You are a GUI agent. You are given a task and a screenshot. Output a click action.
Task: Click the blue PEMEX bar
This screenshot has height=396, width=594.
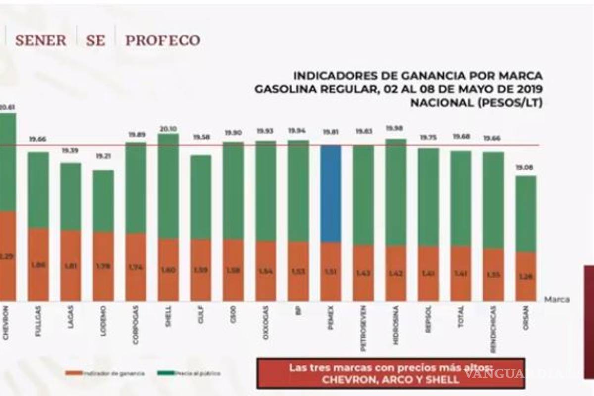(x=331, y=194)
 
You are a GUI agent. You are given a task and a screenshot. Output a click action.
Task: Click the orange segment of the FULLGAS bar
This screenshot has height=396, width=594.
(x=38, y=265)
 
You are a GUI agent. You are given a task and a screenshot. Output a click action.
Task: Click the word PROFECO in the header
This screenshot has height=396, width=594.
(x=162, y=41)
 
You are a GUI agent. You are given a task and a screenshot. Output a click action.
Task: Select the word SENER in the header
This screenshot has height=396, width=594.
(x=41, y=41)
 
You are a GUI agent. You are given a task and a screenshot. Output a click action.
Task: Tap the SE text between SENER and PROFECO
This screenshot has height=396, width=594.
(x=95, y=41)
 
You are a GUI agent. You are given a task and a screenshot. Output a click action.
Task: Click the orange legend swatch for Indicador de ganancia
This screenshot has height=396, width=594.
(x=73, y=373)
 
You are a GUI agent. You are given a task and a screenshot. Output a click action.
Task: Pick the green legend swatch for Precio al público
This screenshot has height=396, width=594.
(x=165, y=373)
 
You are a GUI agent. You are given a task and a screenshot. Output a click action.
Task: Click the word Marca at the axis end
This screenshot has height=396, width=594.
(x=557, y=299)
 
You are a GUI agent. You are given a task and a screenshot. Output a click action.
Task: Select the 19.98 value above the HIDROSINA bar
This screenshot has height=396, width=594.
(x=396, y=129)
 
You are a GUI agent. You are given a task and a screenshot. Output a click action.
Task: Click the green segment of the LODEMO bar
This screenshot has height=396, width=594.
(x=103, y=201)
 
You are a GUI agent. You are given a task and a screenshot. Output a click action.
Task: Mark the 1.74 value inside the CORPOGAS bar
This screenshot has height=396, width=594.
(x=136, y=266)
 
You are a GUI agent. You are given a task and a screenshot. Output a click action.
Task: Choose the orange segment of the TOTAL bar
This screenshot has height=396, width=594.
(x=461, y=274)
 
